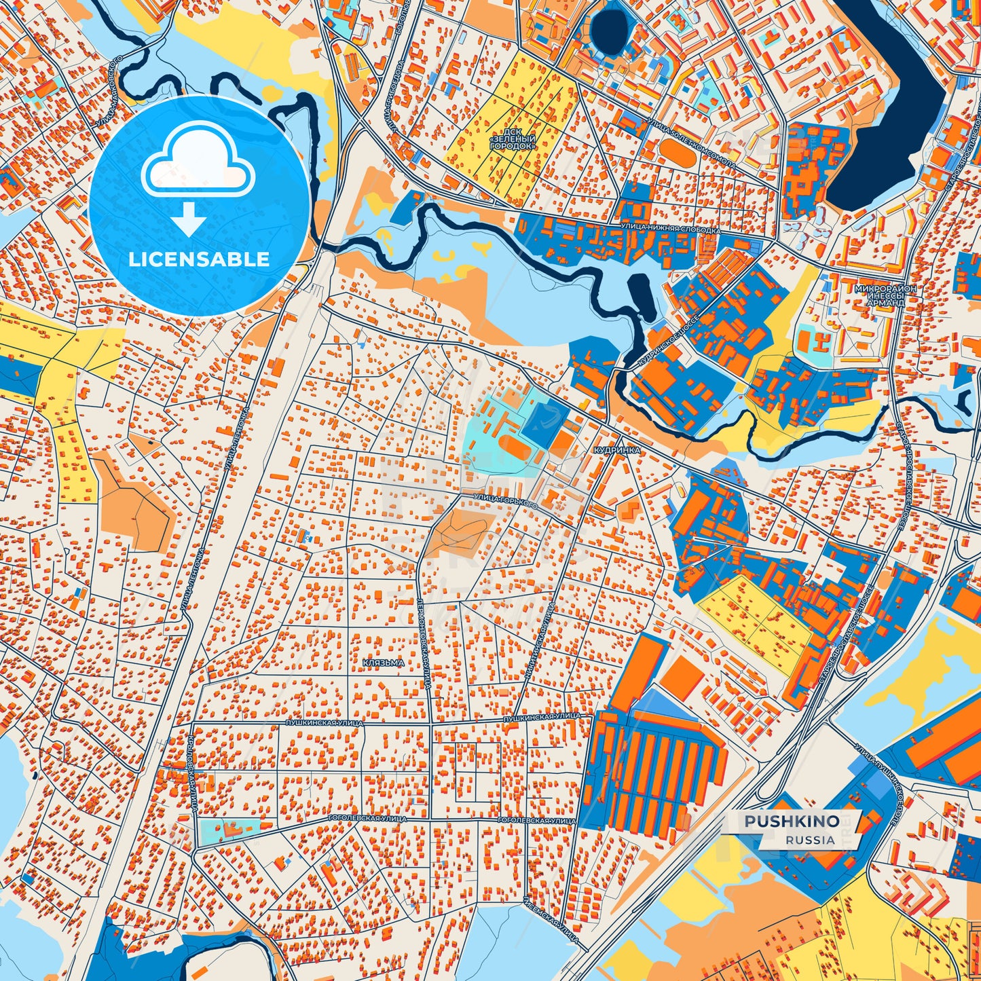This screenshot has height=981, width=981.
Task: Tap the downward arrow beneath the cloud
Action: coord(189,220)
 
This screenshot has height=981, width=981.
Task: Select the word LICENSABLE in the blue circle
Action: coord(199,259)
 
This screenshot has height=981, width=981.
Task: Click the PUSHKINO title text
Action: coord(792,821)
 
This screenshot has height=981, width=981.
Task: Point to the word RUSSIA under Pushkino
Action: coord(811,840)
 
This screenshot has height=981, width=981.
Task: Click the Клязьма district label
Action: coord(384,663)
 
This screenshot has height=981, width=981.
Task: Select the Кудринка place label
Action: coord(615,450)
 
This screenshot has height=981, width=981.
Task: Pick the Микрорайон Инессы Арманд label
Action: coord(885,295)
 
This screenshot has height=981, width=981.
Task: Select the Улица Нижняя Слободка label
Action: coord(669,229)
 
